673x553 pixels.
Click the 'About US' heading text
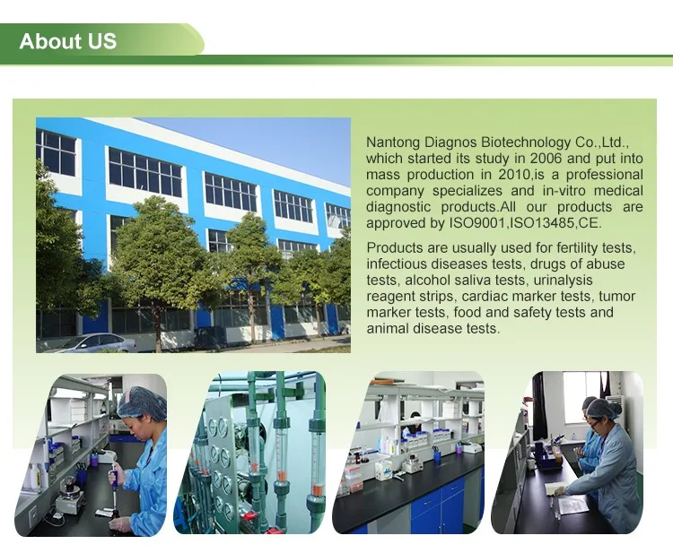[x=67, y=41]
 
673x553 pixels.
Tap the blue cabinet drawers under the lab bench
[x=440, y=510]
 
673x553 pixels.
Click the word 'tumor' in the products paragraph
[x=617, y=296]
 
